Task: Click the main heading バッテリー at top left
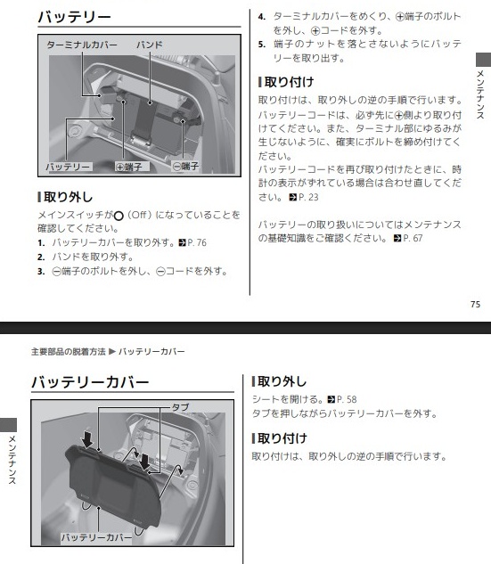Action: pyautogui.click(x=74, y=17)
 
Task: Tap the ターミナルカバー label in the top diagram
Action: pyautogui.click(x=82, y=45)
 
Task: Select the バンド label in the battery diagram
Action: pyautogui.click(x=150, y=45)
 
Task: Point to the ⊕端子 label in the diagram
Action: pyautogui.click(x=129, y=167)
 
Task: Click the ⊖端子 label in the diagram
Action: pyautogui.click(x=185, y=167)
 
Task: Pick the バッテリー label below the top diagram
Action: pyautogui.click(x=68, y=167)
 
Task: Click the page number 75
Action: pyautogui.click(x=475, y=305)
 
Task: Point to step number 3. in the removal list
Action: pyautogui.click(x=41, y=271)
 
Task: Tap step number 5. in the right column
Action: pyautogui.click(x=262, y=45)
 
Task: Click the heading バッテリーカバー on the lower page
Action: pyautogui.click(x=90, y=382)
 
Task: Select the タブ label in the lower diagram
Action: pyautogui.click(x=180, y=407)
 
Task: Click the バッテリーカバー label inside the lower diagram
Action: pyautogui.click(x=96, y=537)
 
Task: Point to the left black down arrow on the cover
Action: pyautogui.click(x=86, y=439)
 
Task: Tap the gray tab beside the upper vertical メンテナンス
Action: pyautogui.click(x=484, y=60)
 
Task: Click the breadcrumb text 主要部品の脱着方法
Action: pyautogui.click(x=69, y=351)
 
